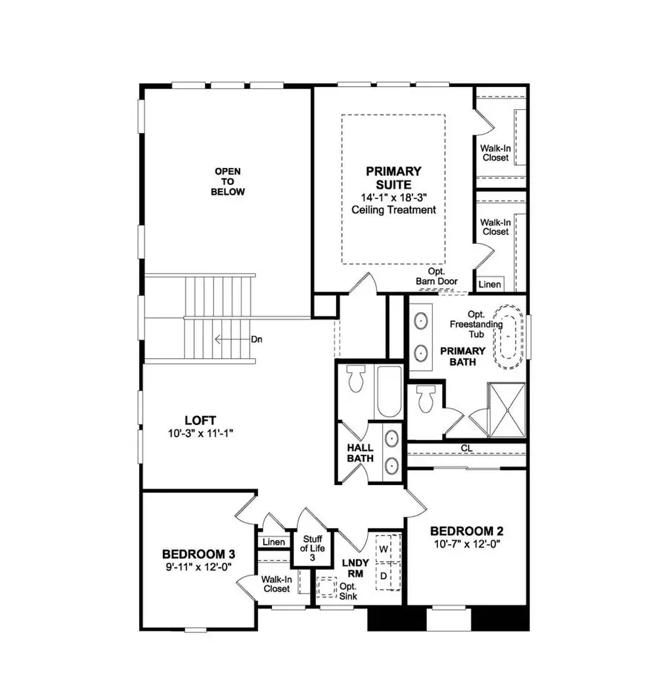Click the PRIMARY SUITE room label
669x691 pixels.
393,178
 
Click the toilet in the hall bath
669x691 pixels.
354,380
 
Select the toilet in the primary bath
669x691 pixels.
426,399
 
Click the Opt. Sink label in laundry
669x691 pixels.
348,591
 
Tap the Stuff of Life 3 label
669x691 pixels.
311,548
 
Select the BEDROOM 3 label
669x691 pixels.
198,554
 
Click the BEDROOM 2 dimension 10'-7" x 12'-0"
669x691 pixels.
467,545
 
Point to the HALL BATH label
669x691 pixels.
361,454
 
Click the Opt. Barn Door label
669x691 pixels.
437,277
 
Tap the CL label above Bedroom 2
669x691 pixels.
466,448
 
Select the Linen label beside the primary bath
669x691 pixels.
490,285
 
